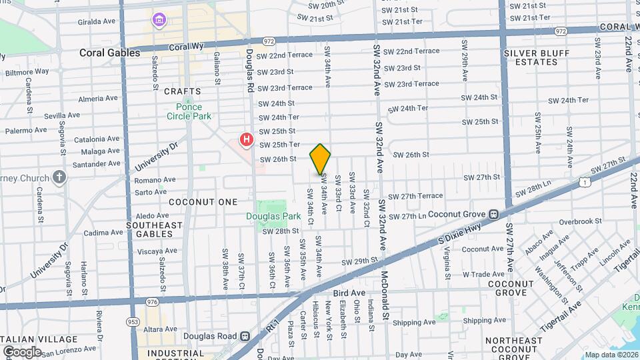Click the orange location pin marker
(320, 159)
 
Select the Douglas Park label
(273, 216)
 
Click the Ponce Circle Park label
(189, 111)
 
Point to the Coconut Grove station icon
(494, 215)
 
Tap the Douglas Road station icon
(245, 337)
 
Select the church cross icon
(60, 177)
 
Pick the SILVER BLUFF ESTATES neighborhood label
(531, 57)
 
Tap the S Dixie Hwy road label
(459, 233)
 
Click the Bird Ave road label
(349, 293)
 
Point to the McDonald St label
(385, 296)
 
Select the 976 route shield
(151, 302)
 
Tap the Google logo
(21, 352)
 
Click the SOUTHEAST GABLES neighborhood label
(154, 229)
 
